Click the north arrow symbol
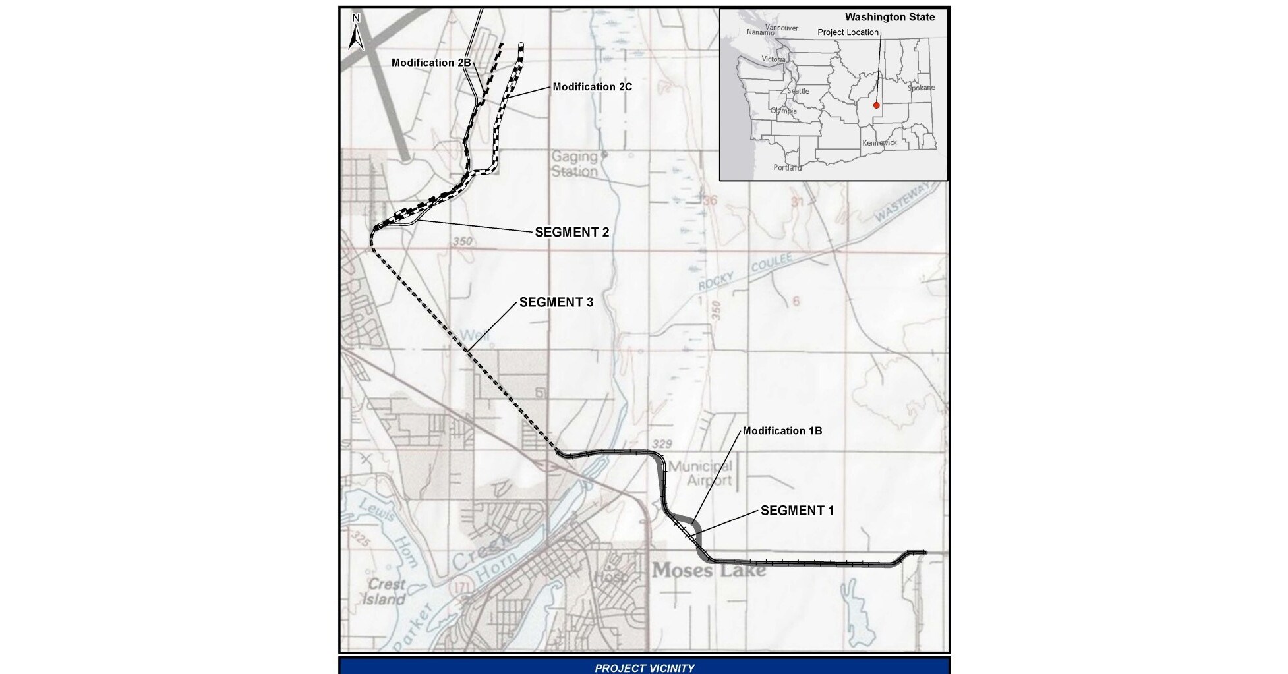point(356,33)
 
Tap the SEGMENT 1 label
point(797,511)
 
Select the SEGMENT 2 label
point(571,232)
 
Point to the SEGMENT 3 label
point(556,302)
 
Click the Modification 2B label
point(431,63)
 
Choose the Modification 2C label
point(592,87)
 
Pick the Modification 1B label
point(782,431)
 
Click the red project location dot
point(876,105)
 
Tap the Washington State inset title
point(889,18)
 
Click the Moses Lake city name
point(709,570)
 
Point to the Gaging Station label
point(575,164)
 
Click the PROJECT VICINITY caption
point(644,667)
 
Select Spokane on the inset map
point(921,88)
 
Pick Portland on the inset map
point(787,167)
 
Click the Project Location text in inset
point(848,32)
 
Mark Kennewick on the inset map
point(879,142)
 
